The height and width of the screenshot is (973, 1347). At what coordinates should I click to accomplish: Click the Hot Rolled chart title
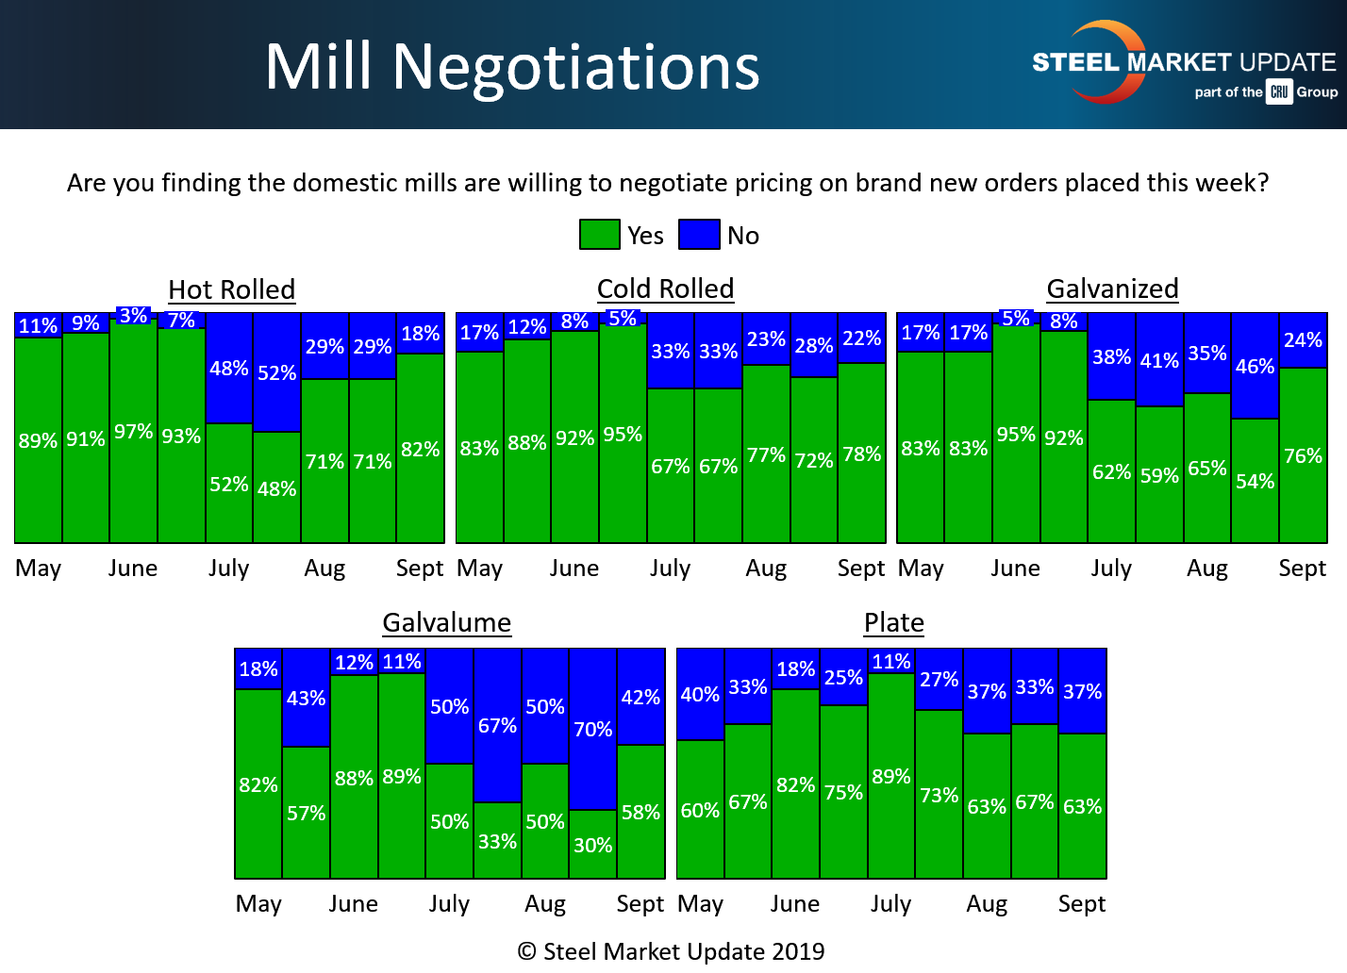(231, 289)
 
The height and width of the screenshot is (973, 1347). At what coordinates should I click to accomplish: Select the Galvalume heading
(446, 622)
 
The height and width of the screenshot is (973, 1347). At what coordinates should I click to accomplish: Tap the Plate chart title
(893, 622)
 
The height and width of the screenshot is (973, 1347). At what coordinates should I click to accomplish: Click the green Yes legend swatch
(599, 235)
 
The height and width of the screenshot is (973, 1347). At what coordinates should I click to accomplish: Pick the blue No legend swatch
(699, 235)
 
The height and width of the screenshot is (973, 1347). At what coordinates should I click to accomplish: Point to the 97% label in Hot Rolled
(133, 432)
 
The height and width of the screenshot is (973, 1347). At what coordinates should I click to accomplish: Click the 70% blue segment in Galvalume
(592, 729)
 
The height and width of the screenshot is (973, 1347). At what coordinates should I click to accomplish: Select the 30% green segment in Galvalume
(592, 845)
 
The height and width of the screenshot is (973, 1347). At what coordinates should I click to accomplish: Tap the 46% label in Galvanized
(1255, 366)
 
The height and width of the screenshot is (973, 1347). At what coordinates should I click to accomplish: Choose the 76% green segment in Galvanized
(1303, 456)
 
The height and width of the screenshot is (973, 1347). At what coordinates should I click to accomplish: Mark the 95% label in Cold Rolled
(623, 435)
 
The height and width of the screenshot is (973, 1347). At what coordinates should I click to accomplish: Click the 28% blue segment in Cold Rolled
(813, 346)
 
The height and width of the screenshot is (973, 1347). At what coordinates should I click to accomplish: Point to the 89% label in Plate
(891, 777)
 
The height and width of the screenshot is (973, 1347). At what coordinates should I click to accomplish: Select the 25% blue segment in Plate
(843, 678)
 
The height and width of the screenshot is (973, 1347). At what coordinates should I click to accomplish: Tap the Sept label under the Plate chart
(1081, 903)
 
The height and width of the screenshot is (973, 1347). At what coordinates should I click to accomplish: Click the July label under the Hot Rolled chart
(228, 569)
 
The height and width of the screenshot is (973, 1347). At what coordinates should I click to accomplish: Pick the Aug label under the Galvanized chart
(1206, 569)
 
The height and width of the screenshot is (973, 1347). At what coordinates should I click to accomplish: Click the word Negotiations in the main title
(575, 67)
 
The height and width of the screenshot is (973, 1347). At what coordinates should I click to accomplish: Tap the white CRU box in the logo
(1279, 91)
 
